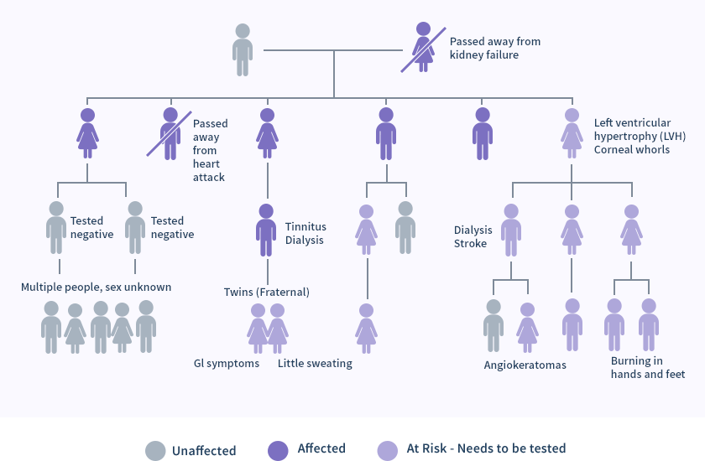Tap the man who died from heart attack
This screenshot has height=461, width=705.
(x=170, y=133)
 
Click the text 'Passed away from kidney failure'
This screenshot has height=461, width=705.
(x=495, y=48)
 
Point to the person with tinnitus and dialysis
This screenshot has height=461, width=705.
(x=267, y=230)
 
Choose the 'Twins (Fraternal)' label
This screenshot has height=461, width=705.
(x=267, y=292)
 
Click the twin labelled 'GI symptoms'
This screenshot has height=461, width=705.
(x=257, y=328)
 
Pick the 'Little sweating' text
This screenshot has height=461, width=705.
(x=315, y=364)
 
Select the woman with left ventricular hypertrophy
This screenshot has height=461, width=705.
(x=572, y=133)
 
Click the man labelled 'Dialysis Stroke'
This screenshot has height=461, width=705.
(x=511, y=230)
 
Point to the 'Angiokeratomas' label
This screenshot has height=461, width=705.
(x=525, y=365)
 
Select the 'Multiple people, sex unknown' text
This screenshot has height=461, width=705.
(x=96, y=287)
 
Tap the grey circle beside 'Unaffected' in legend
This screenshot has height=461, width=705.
(x=155, y=450)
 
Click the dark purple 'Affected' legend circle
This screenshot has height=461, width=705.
(x=278, y=449)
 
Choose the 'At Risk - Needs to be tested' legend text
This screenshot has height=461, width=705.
(x=487, y=448)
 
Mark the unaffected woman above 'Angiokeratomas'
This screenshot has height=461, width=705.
(x=493, y=325)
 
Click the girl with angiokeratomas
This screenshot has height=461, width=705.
(x=527, y=327)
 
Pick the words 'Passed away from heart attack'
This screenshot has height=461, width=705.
(x=210, y=150)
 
